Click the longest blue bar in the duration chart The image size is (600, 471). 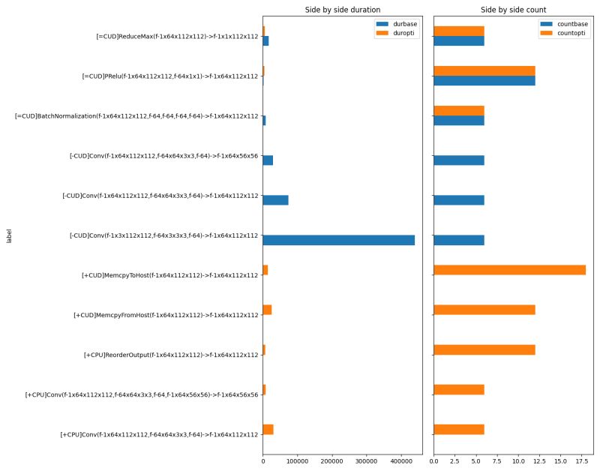pos(338,240)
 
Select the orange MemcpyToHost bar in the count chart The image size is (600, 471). pos(509,270)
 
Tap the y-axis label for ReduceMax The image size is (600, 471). pos(178,36)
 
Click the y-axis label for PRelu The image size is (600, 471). pos(170,76)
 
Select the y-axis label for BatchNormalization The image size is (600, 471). pos(137,116)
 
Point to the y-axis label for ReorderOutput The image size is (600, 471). pos(171,355)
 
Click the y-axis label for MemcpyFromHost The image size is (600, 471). pos(166,315)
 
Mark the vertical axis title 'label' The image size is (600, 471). pos(9,236)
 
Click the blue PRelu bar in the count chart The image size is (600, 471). pos(484,80)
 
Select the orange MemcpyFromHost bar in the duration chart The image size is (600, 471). pos(267,310)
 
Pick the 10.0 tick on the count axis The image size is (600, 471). pos(518,460)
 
